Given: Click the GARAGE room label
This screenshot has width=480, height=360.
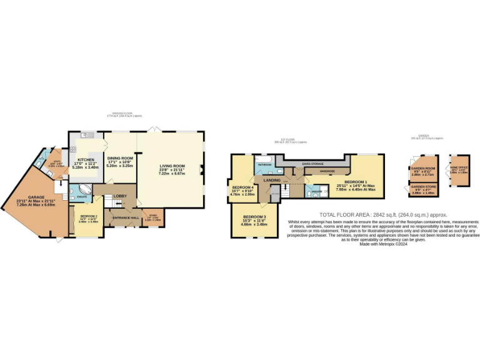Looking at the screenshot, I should click(27, 182).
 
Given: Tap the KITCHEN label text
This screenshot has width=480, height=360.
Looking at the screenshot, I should click(86, 159).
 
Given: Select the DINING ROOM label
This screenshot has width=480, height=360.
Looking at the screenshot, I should click(120, 158).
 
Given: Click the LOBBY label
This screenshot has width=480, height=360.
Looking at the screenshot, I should click(120, 196).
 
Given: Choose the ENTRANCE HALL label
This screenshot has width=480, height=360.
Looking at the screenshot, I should click(122, 217).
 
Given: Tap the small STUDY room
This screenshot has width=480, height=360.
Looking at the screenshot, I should click(152, 218).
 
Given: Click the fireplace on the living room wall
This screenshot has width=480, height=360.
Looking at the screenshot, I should click(202, 167).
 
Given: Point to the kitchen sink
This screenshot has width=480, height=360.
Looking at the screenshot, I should click(84, 135).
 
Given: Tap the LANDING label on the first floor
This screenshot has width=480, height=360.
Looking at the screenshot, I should click(272, 180).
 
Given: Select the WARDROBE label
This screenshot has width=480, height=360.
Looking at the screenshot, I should click(327, 171).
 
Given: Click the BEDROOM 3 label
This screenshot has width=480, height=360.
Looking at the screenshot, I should click(254, 216).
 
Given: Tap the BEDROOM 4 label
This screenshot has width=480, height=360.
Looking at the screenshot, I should click(242, 187).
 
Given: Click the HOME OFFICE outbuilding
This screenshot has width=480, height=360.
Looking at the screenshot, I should click(459, 169).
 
